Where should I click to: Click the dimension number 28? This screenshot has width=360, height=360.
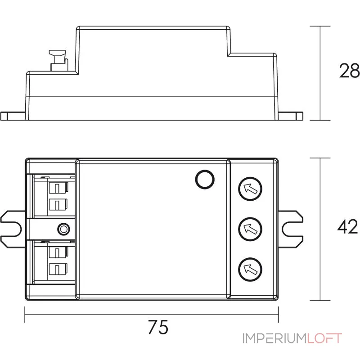(349, 71)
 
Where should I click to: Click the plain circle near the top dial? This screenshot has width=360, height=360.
(204, 180)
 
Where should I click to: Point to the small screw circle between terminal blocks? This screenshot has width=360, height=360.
(63, 229)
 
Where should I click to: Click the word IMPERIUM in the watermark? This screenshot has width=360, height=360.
(274, 338)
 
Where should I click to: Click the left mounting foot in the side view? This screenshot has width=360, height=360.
(13, 116)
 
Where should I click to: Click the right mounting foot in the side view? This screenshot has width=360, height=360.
(292, 116)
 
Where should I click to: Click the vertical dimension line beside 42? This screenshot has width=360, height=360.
(320, 229)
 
